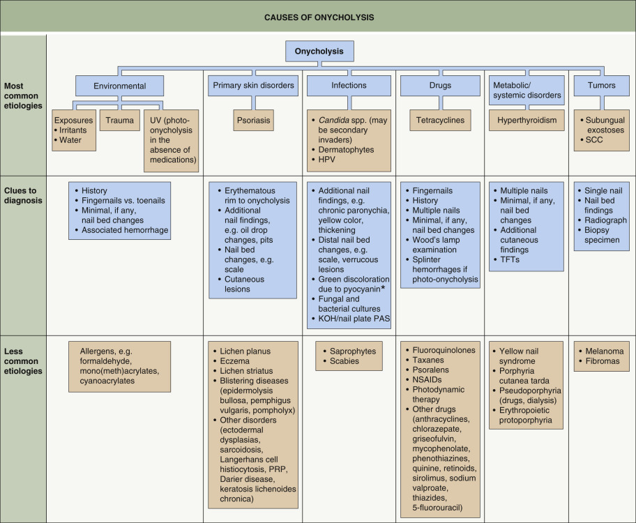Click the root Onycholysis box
[319, 52]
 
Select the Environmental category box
[120, 86]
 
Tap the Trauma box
[120, 121]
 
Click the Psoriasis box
[252, 121]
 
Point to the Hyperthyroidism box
[527, 121]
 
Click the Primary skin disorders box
[252, 86]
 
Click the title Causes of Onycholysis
[318, 16]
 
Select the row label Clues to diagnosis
[22, 195]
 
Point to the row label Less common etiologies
[23, 361]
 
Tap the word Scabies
[345, 361]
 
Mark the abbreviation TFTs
[510, 259]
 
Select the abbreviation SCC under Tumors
[595, 140]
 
